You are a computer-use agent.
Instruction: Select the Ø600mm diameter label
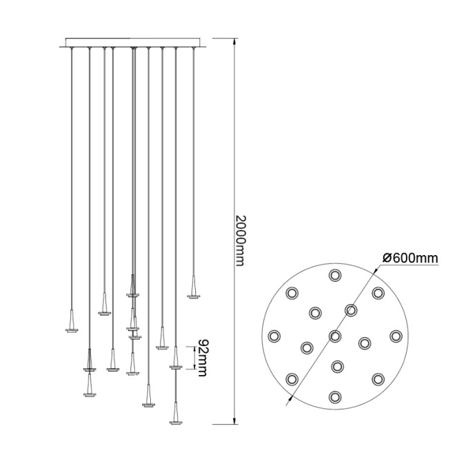point(410,258)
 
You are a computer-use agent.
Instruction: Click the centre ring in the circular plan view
point(335,336)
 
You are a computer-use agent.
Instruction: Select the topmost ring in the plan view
point(335,276)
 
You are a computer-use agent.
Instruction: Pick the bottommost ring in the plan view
point(335,396)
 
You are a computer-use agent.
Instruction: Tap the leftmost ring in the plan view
point(274,336)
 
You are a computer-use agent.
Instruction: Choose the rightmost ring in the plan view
point(395,336)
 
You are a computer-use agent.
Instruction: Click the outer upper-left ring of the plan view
point(292,293)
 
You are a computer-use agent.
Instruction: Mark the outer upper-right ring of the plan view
point(378,293)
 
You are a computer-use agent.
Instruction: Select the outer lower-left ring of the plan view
point(292,378)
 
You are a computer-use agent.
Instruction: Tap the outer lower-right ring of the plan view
point(378,378)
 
